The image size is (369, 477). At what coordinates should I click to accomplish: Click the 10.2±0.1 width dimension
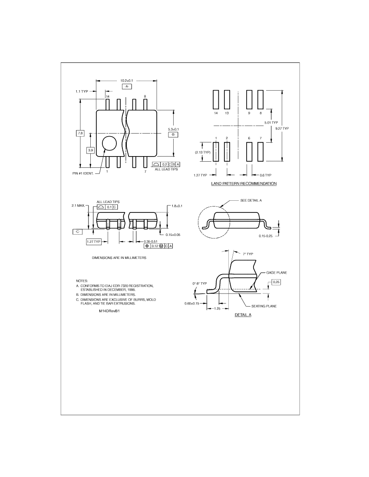[x=127, y=81]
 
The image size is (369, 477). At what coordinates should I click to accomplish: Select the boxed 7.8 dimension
[x=80, y=133]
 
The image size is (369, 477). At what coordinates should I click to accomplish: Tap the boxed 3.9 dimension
[x=90, y=150]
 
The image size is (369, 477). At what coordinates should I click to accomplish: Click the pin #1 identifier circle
[x=109, y=143]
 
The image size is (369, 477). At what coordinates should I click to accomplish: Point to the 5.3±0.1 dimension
[x=173, y=129]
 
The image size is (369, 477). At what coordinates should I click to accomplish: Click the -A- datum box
[x=127, y=86]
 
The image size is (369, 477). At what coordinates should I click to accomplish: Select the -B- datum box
[x=173, y=134]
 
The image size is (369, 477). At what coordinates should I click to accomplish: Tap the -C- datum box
[x=77, y=232]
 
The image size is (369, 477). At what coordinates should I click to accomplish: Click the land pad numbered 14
[x=216, y=99]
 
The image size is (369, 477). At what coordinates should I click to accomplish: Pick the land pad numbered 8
[x=260, y=99]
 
